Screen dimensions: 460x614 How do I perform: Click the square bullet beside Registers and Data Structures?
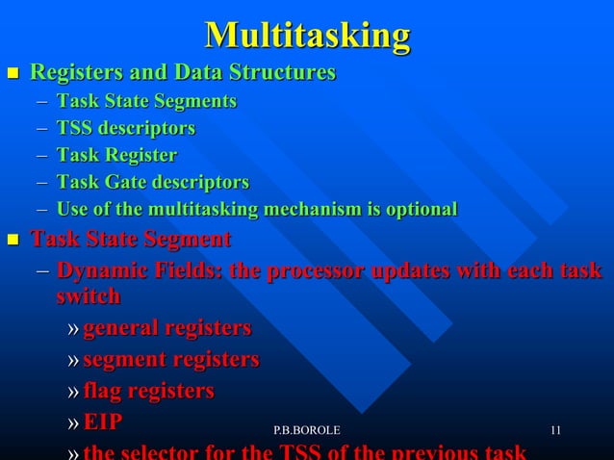13,73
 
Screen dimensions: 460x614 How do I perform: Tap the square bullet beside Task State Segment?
13,240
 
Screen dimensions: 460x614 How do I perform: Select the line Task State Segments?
146,101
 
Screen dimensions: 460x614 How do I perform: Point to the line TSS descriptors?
125,128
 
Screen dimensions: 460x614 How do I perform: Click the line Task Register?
116,155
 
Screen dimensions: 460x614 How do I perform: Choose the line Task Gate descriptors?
152,182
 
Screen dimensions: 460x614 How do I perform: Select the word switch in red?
88,296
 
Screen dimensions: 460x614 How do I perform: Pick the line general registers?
166,329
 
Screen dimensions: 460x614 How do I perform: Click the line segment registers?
170,360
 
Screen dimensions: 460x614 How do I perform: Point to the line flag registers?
148,391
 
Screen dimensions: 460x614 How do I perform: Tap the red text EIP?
103,422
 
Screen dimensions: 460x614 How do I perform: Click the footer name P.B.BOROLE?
306,429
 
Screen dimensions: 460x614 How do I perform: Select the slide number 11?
555,429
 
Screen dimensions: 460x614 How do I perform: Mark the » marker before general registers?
74,330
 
